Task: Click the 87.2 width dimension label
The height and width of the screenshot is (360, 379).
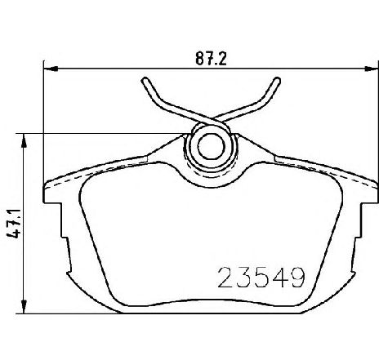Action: click(x=211, y=59)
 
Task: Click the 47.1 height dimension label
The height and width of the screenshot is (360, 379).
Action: click(x=14, y=224)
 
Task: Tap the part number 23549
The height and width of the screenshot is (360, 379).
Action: click(x=261, y=277)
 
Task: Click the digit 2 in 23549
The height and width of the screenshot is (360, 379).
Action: click(x=225, y=277)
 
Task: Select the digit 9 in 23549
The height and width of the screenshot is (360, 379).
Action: click(x=296, y=277)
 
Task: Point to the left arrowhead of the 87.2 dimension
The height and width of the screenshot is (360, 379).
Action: click(x=51, y=69)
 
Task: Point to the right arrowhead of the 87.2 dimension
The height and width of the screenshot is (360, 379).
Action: click(x=372, y=69)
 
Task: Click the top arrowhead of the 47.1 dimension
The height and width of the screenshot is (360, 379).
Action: click(x=24, y=140)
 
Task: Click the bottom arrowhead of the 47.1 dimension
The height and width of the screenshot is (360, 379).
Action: click(x=24, y=307)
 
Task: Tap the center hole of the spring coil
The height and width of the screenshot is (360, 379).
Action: click(x=212, y=146)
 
